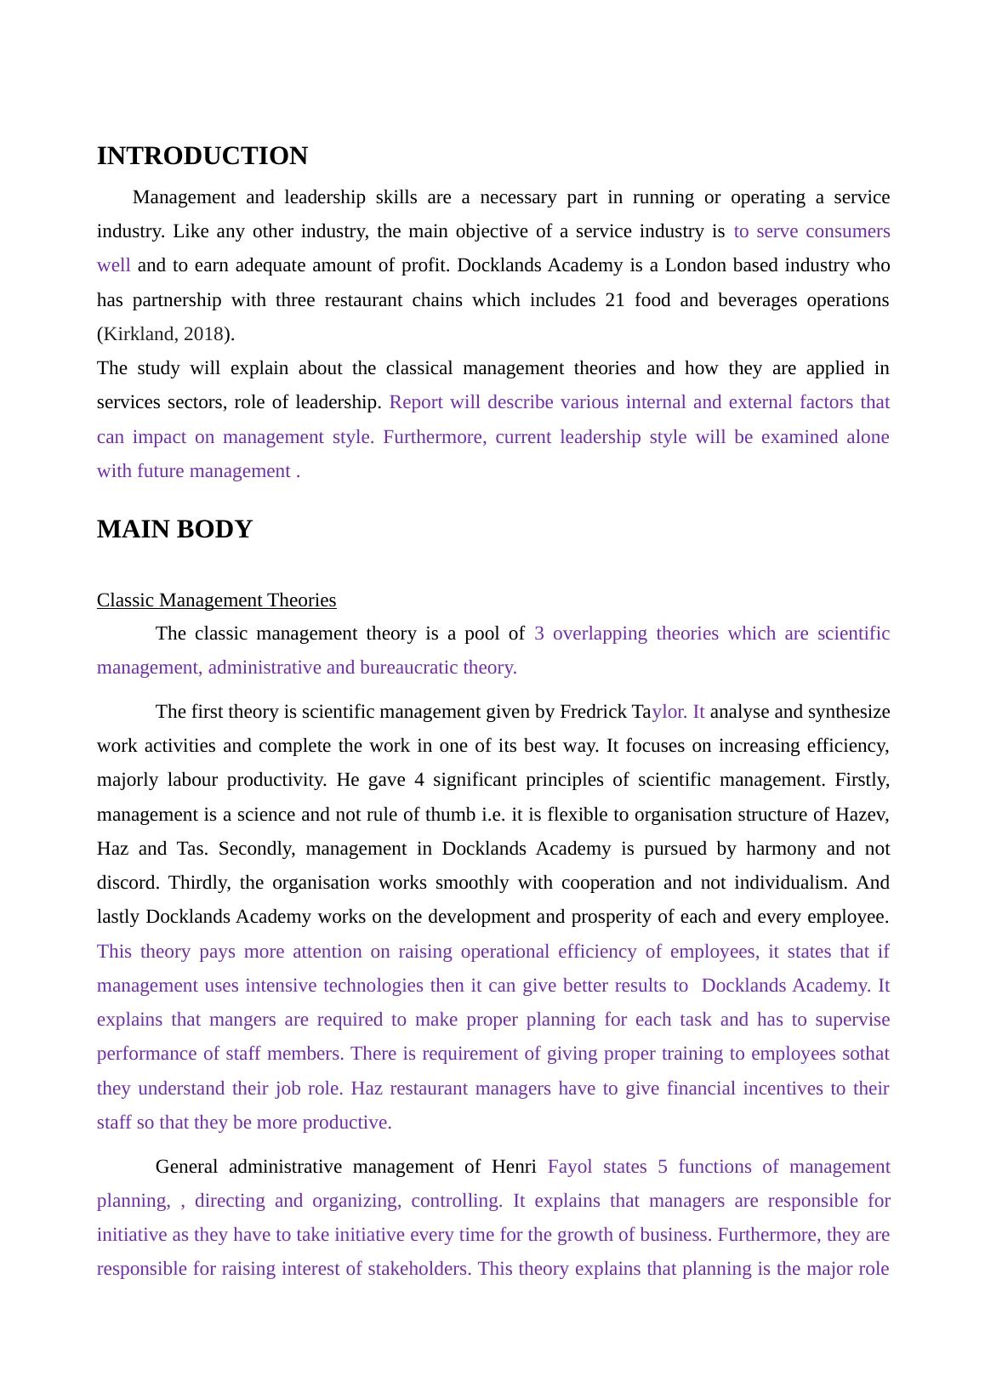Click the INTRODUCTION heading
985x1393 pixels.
(202, 156)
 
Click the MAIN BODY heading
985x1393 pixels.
(174, 529)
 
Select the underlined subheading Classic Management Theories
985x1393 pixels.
(216, 600)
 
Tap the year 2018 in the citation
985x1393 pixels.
(203, 334)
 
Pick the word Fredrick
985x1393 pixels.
(593, 712)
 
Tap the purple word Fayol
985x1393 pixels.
(570, 1167)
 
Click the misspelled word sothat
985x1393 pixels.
(865, 1054)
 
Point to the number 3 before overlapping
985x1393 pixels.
(539, 634)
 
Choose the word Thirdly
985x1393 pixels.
(198, 883)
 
